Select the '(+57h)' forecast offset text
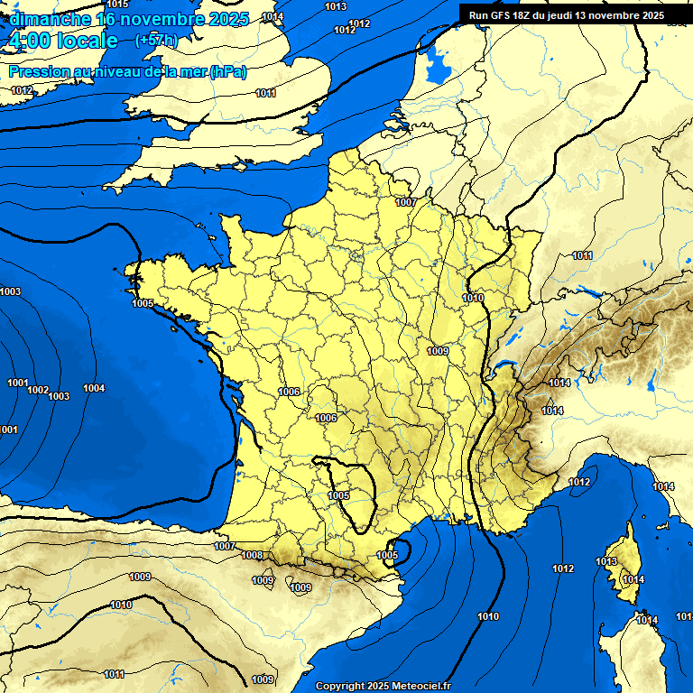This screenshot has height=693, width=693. click(x=156, y=40)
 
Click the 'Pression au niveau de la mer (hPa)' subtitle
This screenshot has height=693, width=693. click(x=127, y=71)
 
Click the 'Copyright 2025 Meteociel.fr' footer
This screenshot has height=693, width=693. click(x=383, y=686)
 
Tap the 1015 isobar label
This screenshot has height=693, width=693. click(x=117, y=5)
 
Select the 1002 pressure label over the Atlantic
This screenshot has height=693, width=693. click(x=38, y=390)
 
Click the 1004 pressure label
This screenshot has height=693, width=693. click(x=94, y=388)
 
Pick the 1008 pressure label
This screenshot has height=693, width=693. click(x=252, y=555)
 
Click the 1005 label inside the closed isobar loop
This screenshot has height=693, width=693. click(x=338, y=495)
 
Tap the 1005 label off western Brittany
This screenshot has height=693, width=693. click(x=143, y=303)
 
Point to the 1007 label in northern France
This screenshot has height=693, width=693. click(x=406, y=202)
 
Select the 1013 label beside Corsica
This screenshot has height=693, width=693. click(x=606, y=562)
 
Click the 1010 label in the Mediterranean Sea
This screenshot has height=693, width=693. click(x=488, y=616)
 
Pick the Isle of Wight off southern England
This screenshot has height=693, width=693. click(x=240, y=164)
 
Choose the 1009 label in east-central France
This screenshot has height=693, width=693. click(x=438, y=350)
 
